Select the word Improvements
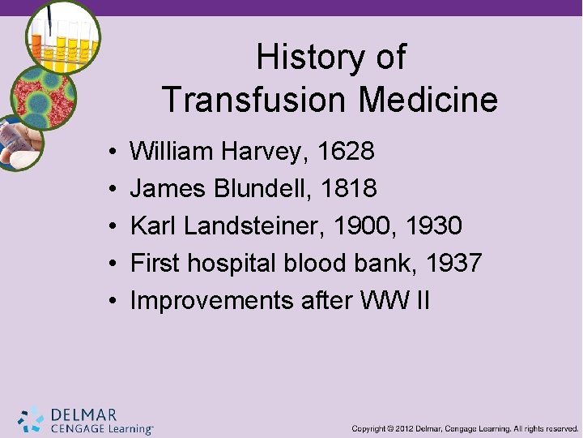click(x=211, y=300)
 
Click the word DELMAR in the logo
click(x=83, y=414)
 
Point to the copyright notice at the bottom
click(x=465, y=427)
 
